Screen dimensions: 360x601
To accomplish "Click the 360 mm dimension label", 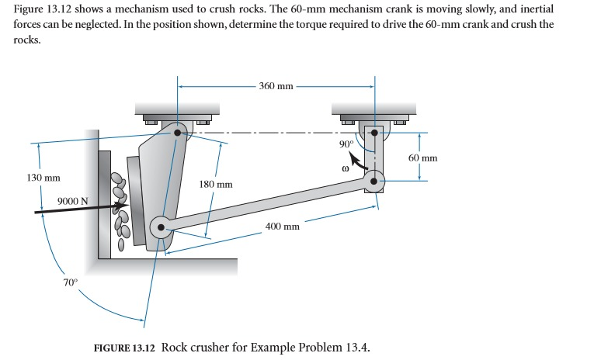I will coord(276,85).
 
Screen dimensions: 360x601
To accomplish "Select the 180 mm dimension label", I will coord(216,185).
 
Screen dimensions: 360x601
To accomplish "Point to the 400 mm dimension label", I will coord(282,227).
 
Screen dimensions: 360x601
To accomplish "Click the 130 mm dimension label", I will coord(43,178).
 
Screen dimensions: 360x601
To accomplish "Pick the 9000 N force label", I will coord(73,202).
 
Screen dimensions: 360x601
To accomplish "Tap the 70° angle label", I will coord(70,282).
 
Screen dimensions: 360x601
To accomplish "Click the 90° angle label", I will coord(346,144).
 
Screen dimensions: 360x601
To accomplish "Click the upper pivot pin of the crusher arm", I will coord(179,133).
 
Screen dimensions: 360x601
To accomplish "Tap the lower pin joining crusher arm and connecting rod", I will coord(162,228).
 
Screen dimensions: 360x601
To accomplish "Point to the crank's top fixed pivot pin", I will coord(374,133).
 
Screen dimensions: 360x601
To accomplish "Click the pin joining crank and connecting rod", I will coord(374,182).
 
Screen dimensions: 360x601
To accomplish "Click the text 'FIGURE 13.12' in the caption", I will coord(124,346).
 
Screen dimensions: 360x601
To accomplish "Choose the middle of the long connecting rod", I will coord(268,205).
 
